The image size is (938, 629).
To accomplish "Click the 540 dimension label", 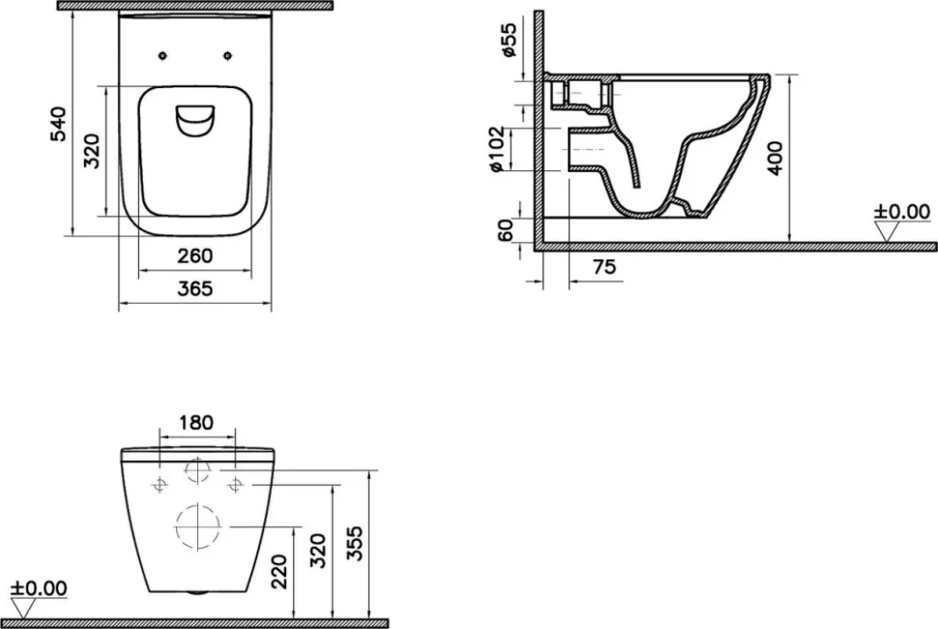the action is click(59, 124).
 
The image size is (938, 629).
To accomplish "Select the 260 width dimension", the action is click(195, 256).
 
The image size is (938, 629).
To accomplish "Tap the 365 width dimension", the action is click(195, 289).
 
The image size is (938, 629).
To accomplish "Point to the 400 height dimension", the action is click(775, 159).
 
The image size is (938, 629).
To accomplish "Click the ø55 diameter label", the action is click(509, 40).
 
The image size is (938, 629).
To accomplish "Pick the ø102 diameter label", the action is click(498, 150).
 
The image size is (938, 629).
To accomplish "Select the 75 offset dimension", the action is click(603, 267).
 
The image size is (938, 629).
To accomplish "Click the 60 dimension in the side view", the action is click(506, 230).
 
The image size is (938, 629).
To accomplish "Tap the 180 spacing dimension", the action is click(196, 423).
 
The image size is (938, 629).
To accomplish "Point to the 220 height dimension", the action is click(279, 572).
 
